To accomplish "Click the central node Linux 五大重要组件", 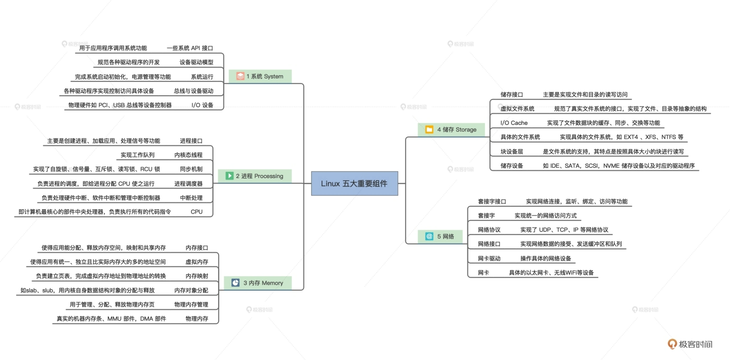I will pyautogui.click(x=354, y=183).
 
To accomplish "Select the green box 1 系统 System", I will pyautogui.click(x=260, y=76).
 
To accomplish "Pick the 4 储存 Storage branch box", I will pyautogui.click(x=451, y=130).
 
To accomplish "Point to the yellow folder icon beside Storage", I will pyautogui.click(x=429, y=130).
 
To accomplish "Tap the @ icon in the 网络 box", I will pyautogui.click(x=429, y=237).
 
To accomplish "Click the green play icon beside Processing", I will pyautogui.click(x=229, y=176).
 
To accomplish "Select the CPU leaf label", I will pyautogui.click(x=196, y=212).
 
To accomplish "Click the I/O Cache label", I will pyautogui.click(x=514, y=123).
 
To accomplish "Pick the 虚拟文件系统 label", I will pyautogui.click(x=517, y=109).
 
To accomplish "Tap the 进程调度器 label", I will pyautogui.click(x=188, y=183).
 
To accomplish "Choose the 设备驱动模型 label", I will pyautogui.click(x=196, y=62).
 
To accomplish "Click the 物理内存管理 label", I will pyautogui.click(x=191, y=304).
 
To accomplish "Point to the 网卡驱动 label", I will pyautogui.click(x=489, y=259).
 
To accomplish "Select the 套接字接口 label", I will pyautogui.click(x=492, y=201).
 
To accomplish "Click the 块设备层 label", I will pyautogui.click(x=511, y=151).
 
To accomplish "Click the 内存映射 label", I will pyautogui.click(x=197, y=276).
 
